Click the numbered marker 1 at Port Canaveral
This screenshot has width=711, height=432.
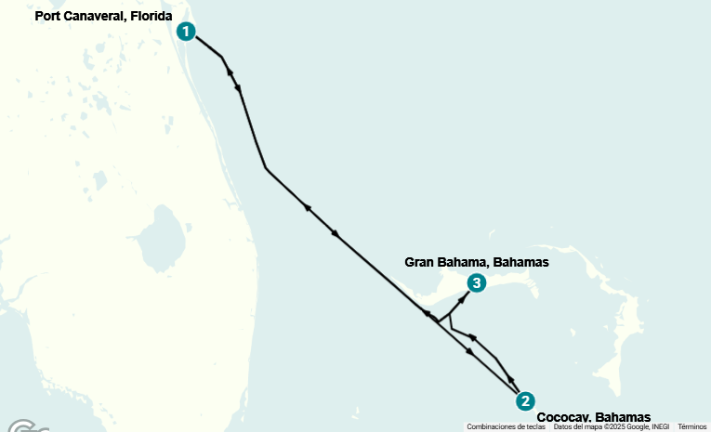pyautogui.click(x=187, y=32)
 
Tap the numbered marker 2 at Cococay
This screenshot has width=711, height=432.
pyautogui.click(x=525, y=400)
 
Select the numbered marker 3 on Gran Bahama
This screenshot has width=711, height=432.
pyautogui.click(x=476, y=282)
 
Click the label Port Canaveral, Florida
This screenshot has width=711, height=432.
pyautogui.click(x=104, y=16)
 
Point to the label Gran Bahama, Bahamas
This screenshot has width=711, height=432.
pyautogui.click(x=477, y=262)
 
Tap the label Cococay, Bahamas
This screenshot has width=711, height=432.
pyautogui.click(x=593, y=417)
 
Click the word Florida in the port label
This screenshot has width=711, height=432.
pyautogui.click(x=152, y=16)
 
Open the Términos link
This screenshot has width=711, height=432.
pyautogui.click(x=691, y=426)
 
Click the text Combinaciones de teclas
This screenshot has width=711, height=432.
pyautogui.click(x=506, y=426)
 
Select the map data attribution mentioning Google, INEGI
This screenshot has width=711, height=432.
pyautogui.click(x=611, y=426)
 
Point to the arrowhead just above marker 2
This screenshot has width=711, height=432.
pyautogui.click(x=511, y=381)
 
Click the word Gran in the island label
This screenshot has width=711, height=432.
pyautogui.click(x=420, y=262)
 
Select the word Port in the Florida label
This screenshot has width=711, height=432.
pyautogui.click(x=48, y=16)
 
